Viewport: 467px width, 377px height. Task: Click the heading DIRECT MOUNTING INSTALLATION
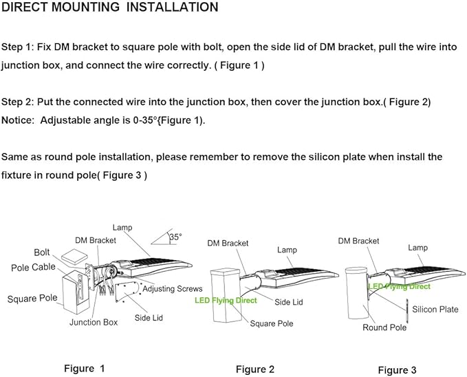click(x=110, y=8)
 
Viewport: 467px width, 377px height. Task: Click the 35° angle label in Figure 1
click(x=175, y=237)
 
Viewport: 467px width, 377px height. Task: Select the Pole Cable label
click(x=34, y=267)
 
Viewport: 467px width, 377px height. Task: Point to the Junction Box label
click(x=94, y=322)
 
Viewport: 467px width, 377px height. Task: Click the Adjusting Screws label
click(x=172, y=289)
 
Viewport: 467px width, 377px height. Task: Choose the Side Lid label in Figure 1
click(x=148, y=318)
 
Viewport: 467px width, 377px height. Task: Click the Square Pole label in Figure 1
click(x=33, y=299)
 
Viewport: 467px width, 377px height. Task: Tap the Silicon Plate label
click(x=435, y=310)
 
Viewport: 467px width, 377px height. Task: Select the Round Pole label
click(x=384, y=327)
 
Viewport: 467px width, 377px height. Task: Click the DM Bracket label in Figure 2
click(x=228, y=243)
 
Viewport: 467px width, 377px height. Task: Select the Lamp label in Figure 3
click(x=417, y=248)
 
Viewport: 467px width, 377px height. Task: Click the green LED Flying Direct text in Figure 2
click(x=226, y=301)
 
